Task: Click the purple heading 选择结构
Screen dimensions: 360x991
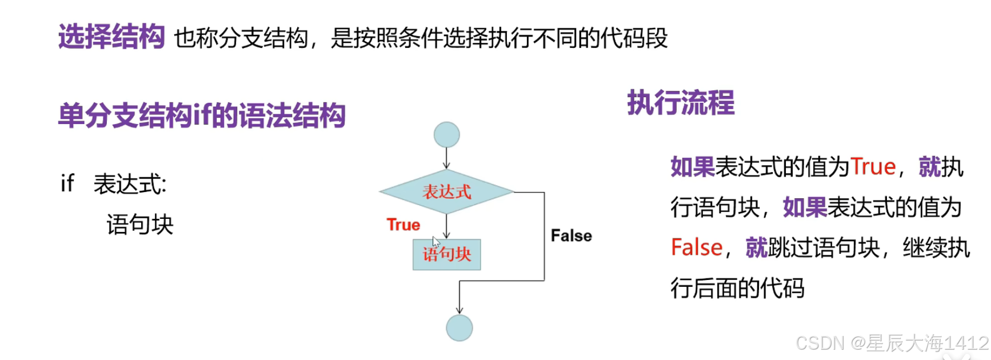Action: coord(111,37)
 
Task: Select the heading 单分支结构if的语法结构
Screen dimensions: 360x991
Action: coord(202,115)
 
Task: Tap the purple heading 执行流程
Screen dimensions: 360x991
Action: coord(681,103)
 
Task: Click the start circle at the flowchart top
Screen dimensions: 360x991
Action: coord(446,135)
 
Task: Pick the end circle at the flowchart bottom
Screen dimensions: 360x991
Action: coord(459,328)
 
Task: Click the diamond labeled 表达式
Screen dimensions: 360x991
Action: coord(446,192)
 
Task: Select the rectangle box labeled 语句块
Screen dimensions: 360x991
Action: coord(446,254)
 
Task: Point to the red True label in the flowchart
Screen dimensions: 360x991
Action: coord(403,225)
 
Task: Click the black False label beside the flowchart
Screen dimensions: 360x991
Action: coord(571,235)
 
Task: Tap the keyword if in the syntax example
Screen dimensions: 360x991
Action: coord(67,184)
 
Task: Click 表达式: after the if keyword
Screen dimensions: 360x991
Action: coord(130,185)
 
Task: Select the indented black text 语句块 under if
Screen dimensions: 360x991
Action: coord(139,225)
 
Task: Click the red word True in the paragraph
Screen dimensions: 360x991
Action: coord(873,167)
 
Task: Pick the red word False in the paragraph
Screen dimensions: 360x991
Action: coord(697,247)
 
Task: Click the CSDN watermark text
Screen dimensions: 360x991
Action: coord(892,343)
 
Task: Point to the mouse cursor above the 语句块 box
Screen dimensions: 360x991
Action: coord(435,241)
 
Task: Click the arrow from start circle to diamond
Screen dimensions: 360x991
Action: coord(446,158)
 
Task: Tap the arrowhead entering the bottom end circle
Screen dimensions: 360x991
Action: coord(459,310)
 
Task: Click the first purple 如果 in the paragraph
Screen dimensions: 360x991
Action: coord(692,167)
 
